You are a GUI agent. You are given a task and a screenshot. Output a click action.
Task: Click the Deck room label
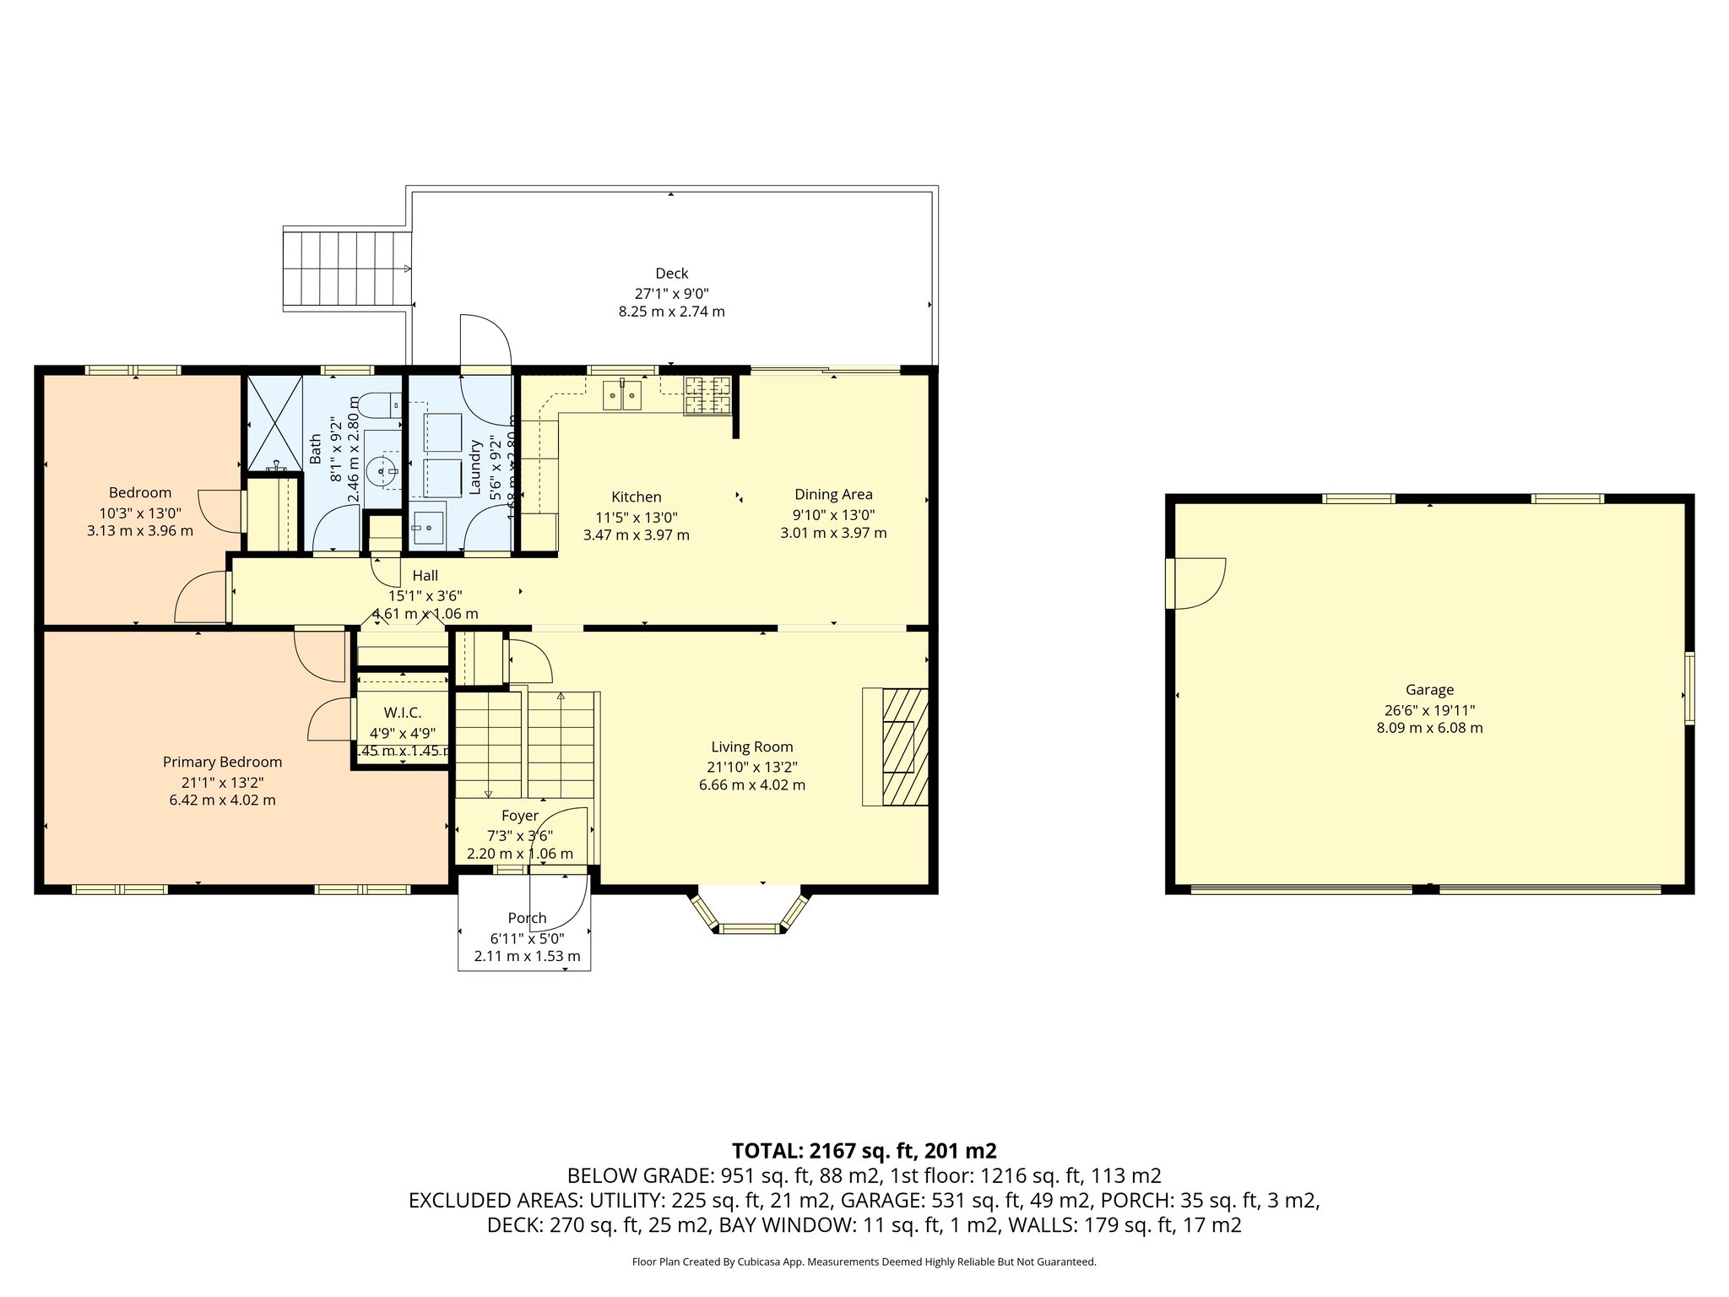point(671,274)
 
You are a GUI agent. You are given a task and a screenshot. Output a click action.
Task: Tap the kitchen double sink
point(622,395)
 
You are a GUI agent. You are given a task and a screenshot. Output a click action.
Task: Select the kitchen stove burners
point(707,396)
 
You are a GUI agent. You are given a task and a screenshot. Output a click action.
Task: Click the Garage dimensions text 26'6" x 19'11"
point(1429,710)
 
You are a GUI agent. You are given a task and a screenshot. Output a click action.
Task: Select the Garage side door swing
point(1195,583)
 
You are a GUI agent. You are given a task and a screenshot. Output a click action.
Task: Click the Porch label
point(527,918)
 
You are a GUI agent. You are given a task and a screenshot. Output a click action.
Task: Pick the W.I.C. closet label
point(402,713)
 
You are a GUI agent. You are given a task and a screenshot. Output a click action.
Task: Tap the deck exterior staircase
point(346,269)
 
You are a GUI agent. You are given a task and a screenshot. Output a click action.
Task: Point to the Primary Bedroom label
point(222,762)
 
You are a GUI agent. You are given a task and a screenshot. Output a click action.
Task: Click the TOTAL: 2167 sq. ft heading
point(864,1150)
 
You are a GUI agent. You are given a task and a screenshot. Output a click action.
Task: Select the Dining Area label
point(833,494)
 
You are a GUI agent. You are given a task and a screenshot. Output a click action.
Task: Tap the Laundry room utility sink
point(429,528)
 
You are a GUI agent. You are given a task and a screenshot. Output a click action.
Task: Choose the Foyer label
point(519,816)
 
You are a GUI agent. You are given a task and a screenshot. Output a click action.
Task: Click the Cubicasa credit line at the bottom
point(864,1262)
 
